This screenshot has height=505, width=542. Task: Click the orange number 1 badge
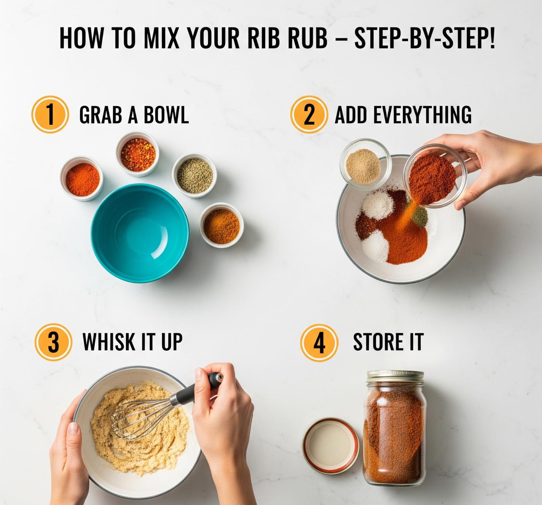click(50, 115)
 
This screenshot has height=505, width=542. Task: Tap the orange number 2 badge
click(309, 114)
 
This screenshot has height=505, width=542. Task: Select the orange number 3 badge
click(53, 341)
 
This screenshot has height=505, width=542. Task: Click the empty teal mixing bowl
click(140, 228)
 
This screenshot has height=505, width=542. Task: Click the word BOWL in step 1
click(166, 115)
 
